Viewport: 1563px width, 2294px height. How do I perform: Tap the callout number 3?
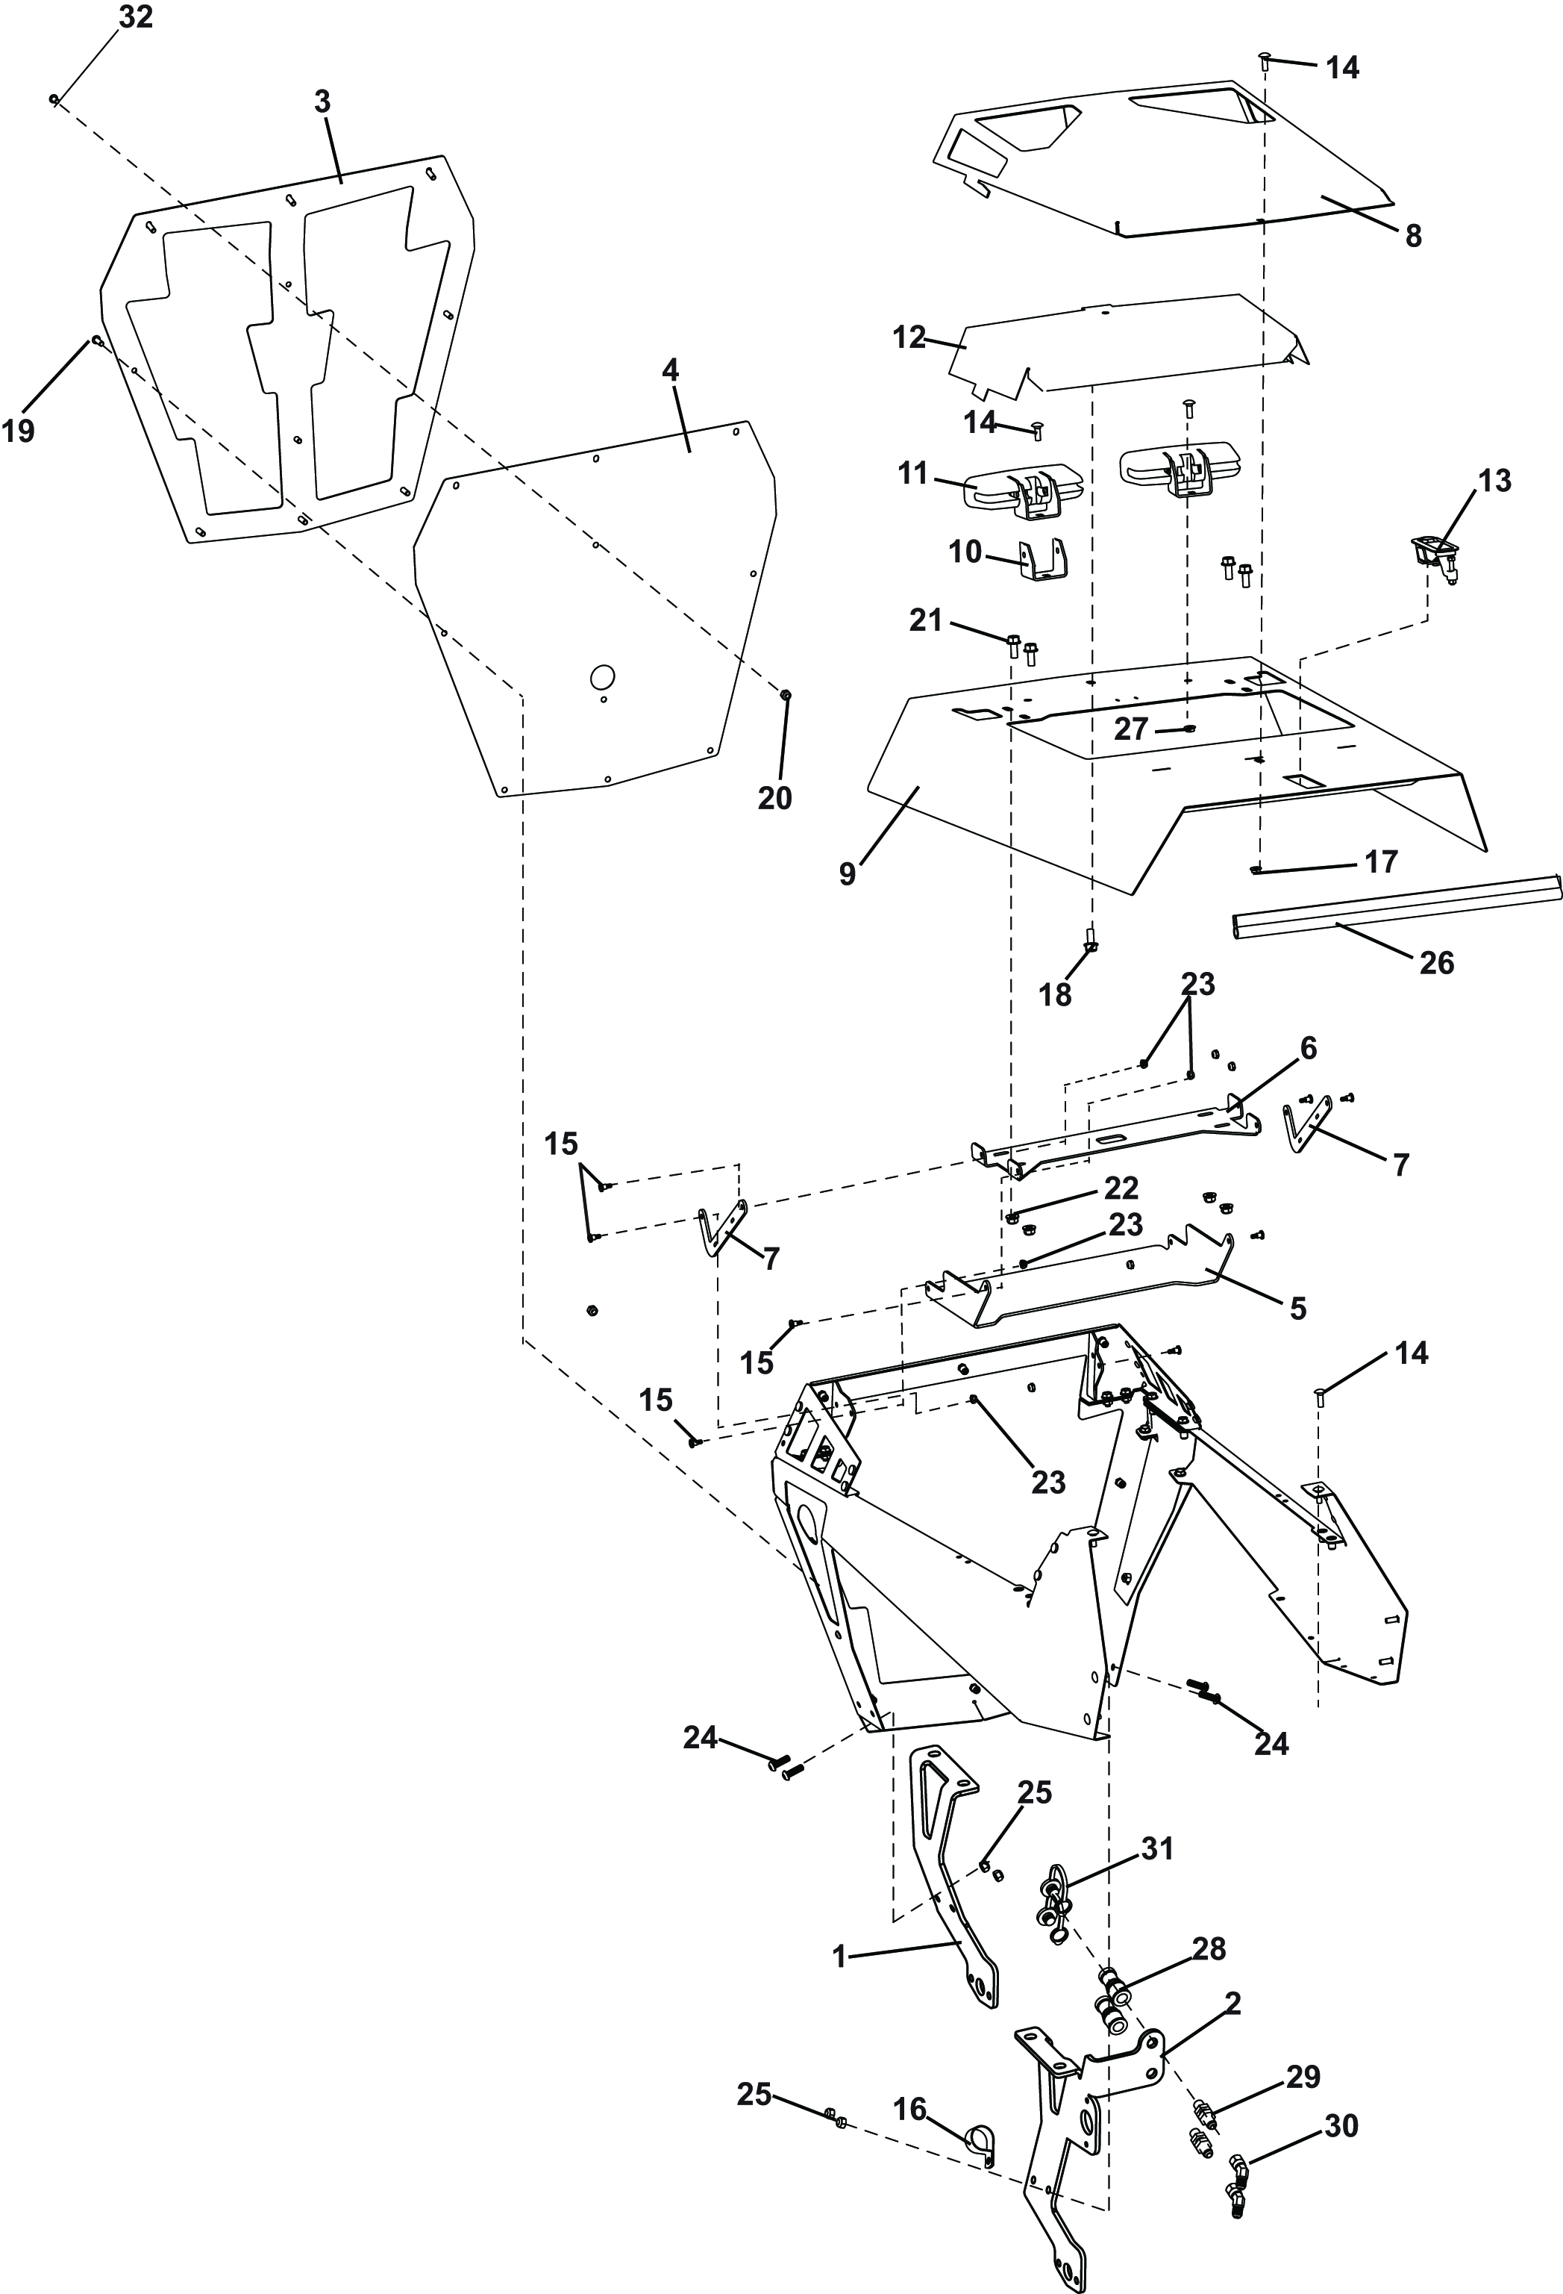click(322, 102)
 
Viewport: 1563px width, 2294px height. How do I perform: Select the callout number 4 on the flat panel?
click(670, 371)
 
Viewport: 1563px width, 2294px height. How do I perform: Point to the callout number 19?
click(18, 431)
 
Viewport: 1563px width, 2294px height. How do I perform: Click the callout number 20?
click(774, 797)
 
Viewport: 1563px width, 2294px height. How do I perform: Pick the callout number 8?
click(1413, 236)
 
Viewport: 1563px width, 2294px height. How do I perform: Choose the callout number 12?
click(909, 337)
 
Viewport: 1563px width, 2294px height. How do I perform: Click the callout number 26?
click(1437, 962)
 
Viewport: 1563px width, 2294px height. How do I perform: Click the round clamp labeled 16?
click(978, 2144)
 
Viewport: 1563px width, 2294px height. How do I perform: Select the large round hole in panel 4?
click(601, 677)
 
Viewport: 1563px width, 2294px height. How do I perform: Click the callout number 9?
click(847, 875)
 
